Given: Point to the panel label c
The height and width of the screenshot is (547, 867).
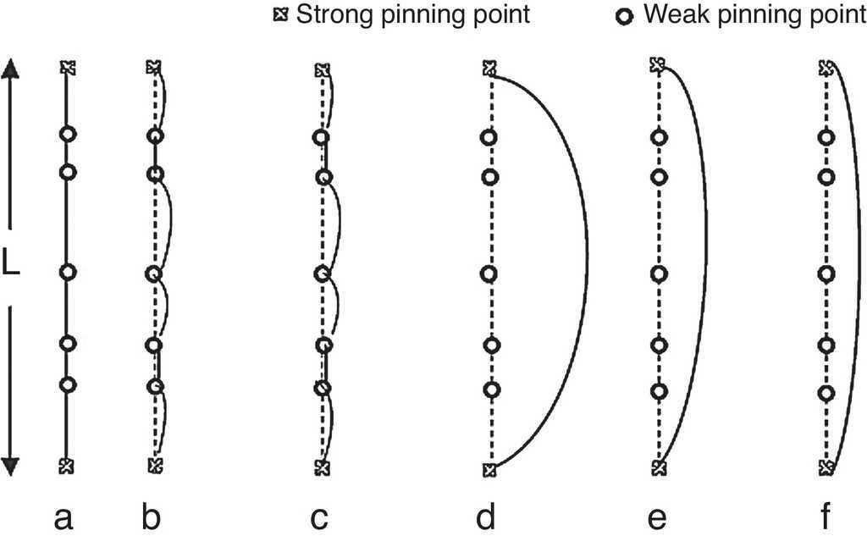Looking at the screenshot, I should tap(319, 517).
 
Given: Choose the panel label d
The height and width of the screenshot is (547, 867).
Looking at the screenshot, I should tap(486, 517).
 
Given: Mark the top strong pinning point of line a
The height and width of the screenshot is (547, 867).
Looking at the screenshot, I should tap(67, 67).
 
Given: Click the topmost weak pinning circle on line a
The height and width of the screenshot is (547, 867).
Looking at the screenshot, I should tap(68, 134).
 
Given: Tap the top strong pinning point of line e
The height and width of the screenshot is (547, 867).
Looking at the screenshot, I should tap(656, 65).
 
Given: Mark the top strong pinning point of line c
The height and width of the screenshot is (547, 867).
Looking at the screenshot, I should tap(321, 70).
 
